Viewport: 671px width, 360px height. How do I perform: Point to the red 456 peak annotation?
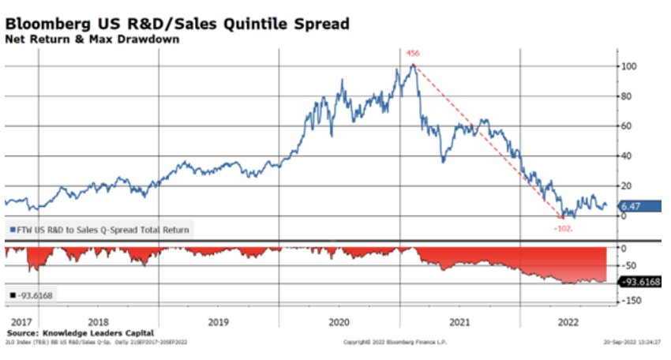[x=411, y=54]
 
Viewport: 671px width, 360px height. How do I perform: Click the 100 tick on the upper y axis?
[x=629, y=66]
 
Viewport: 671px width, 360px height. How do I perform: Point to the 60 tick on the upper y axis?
[x=628, y=126]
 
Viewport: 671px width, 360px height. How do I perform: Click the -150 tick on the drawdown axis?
[x=632, y=300]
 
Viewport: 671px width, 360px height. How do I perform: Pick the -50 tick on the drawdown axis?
[x=629, y=266]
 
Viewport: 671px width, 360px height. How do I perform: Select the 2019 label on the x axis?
[x=218, y=322]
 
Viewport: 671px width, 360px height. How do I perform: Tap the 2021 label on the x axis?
[x=459, y=322]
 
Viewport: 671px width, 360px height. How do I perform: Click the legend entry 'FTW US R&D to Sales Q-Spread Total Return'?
[x=100, y=230]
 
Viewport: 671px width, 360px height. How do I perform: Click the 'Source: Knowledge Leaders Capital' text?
[x=79, y=332]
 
